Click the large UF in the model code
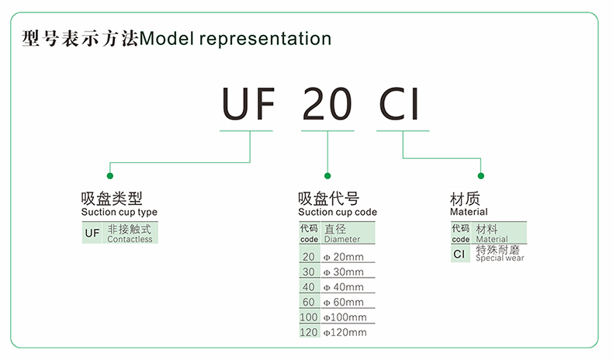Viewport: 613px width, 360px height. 248,104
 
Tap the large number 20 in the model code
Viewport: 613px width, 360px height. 327,104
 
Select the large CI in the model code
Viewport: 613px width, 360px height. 399,104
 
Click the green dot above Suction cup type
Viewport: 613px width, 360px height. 110,176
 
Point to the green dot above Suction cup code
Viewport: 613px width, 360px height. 327,176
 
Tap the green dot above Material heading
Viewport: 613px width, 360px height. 481,176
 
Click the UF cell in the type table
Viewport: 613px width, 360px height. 92,233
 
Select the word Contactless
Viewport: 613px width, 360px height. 130,239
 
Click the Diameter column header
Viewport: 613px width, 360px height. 342,239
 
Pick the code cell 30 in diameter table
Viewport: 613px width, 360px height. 309,272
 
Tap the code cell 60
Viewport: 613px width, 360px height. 309,302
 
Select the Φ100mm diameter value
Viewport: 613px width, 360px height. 345,317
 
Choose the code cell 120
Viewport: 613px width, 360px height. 309,333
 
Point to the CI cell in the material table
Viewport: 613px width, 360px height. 459,254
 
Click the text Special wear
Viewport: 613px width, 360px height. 500,258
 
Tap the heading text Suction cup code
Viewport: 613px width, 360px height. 338,213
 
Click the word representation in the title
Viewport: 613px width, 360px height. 265,39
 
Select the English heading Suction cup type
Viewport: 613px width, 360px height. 119,213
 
